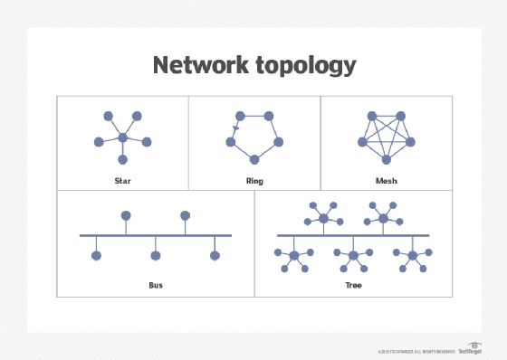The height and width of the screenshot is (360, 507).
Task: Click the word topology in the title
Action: pos(304,67)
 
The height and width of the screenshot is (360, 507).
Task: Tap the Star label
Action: pos(122,181)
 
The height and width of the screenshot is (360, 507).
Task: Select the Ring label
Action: pos(254,181)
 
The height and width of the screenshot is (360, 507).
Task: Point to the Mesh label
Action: pos(386,181)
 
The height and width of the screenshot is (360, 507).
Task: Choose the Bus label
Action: pos(156,285)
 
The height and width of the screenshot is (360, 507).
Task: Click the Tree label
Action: pos(353,285)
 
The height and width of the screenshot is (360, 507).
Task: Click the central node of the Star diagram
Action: pos(122,138)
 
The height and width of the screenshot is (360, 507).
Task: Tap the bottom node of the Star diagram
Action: pos(122,160)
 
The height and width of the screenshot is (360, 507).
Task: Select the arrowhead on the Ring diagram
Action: pos(235,128)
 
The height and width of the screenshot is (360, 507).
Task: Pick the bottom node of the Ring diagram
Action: pos(254,160)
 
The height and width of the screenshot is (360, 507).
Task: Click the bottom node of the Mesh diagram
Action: pos(387,160)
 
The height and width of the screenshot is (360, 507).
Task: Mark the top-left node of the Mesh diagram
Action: pos(370,117)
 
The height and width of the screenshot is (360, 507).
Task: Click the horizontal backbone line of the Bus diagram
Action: pos(156,235)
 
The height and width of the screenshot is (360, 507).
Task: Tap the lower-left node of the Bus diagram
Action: pos(97,256)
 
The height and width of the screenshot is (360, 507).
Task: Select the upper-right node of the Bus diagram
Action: pos(185,215)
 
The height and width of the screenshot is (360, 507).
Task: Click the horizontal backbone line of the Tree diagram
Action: pos(353,235)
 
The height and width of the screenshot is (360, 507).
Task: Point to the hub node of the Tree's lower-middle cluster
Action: pos(353,256)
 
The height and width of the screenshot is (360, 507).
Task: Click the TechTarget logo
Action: pos(470,350)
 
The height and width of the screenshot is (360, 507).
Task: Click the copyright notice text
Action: pos(416,351)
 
